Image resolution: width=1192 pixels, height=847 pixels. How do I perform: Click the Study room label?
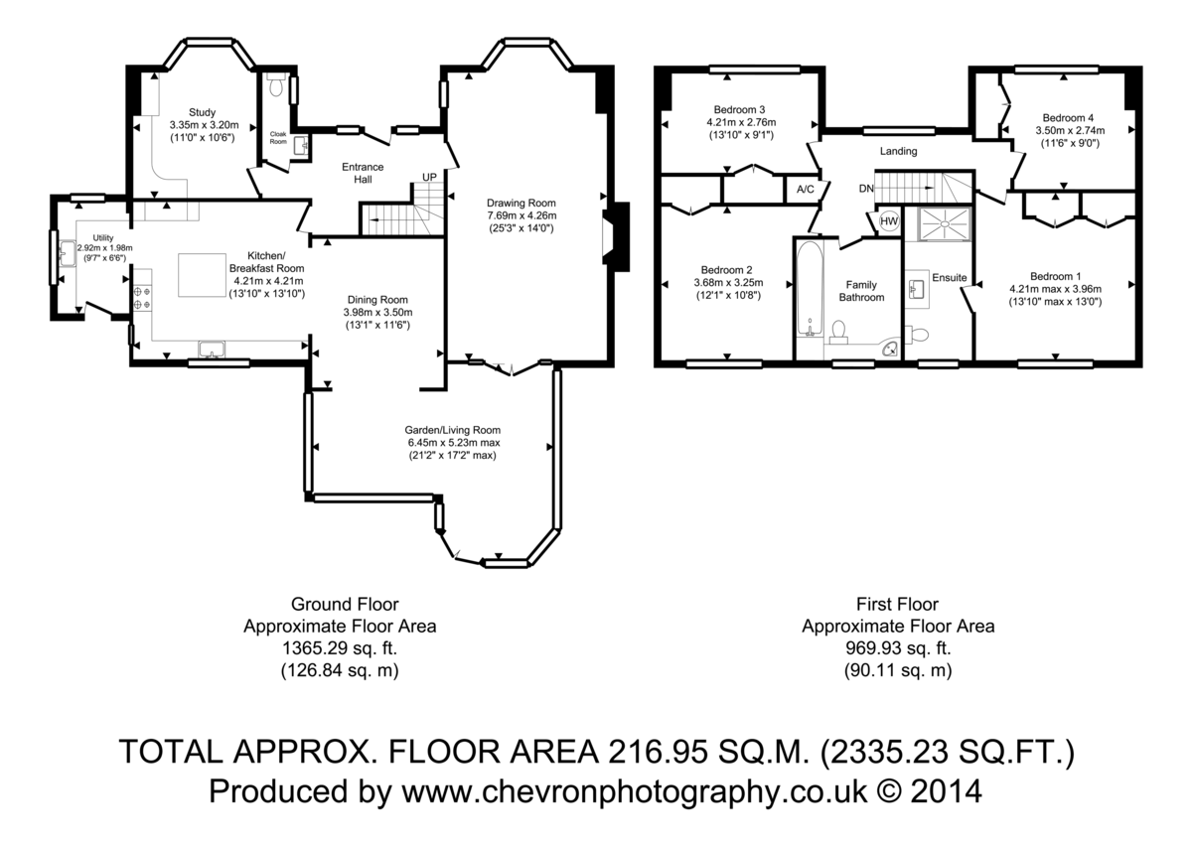point(202,112)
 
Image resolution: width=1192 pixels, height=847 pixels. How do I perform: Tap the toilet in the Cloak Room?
point(276,84)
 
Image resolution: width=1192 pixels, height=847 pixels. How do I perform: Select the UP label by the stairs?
point(429,177)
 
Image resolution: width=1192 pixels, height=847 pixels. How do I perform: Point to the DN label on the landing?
point(866,189)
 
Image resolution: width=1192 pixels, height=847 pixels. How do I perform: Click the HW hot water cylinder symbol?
point(889,221)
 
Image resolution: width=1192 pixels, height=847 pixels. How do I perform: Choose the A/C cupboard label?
point(806,190)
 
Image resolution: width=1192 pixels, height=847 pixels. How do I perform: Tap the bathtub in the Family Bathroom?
point(810,288)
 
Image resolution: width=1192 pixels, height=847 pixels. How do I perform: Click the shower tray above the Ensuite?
point(946,223)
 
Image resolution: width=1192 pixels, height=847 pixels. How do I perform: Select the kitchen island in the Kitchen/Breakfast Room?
point(202,274)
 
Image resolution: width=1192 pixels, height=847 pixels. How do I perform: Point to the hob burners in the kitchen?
point(141,298)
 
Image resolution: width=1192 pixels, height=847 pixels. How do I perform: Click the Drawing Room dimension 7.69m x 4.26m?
point(521,215)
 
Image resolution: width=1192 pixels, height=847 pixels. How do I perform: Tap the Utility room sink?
point(68,253)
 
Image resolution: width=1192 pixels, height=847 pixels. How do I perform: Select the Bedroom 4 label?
point(1068,117)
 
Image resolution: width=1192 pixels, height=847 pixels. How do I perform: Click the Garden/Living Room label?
point(452,430)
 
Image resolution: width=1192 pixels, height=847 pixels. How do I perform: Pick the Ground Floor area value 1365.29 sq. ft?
point(340,648)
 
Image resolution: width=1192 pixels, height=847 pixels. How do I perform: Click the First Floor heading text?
point(897,604)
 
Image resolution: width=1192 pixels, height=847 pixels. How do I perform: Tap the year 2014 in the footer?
point(946,791)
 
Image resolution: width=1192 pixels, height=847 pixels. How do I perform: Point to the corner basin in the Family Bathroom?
point(890,349)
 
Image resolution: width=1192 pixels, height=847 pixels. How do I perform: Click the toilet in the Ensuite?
point(917,335)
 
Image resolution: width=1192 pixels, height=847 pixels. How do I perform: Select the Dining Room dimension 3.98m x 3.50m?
point(377,313)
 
